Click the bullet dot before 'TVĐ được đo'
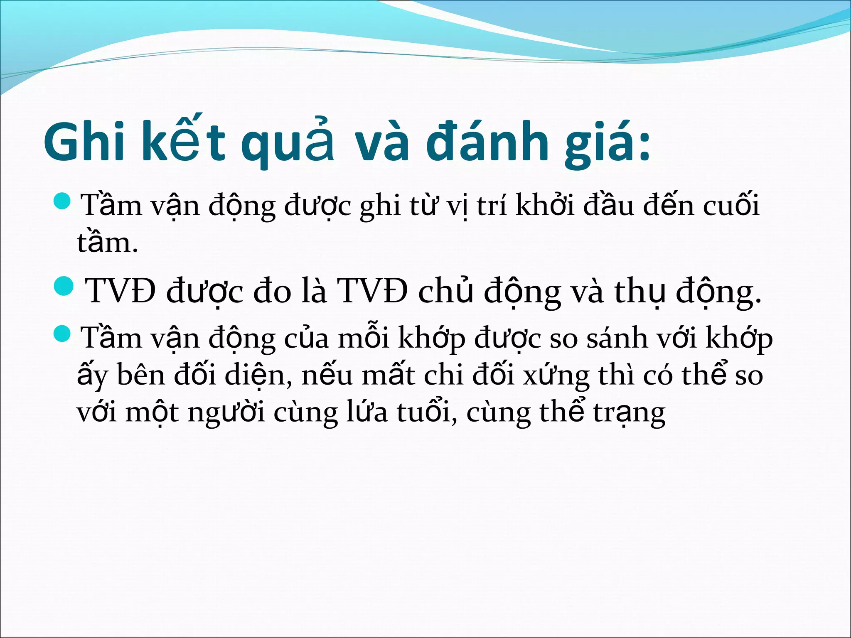(x=64, y=287)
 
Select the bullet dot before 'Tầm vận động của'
(x=64, y=334)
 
